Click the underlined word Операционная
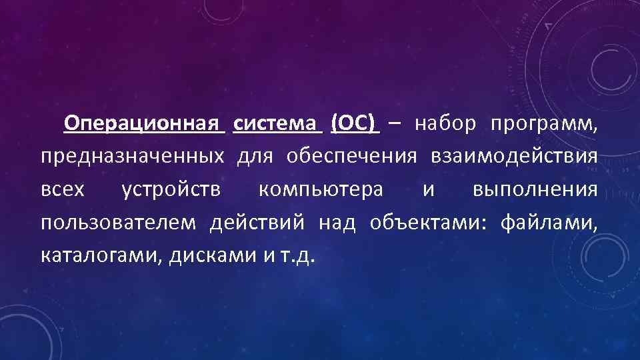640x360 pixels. click(145, 123)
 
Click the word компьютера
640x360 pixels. click(321, 190)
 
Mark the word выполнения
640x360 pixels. click(535, 190)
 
